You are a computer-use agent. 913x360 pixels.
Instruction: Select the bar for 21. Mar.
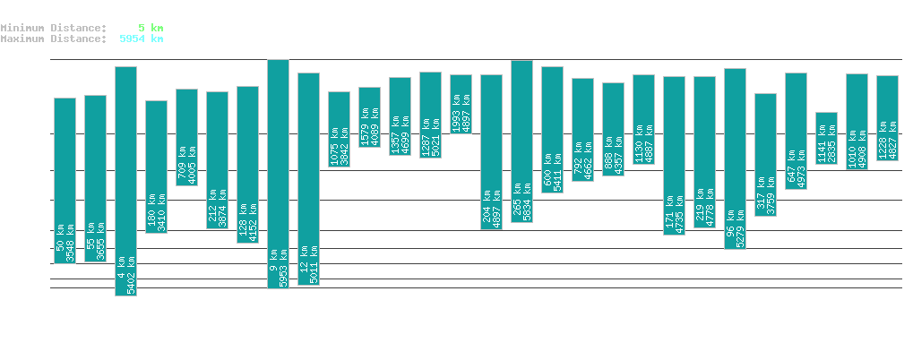point(125,180)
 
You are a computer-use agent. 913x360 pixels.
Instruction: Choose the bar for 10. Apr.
point(735,158)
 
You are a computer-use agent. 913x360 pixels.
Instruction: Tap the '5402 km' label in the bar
point(131,275)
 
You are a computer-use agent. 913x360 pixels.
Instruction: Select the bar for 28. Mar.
point(339,129)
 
